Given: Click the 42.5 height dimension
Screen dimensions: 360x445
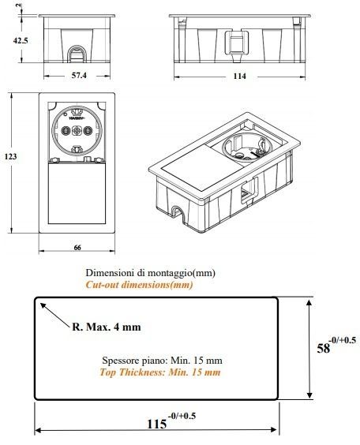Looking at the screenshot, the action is pos(21,40).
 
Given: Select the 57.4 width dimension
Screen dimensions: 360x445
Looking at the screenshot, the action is pos(79,75).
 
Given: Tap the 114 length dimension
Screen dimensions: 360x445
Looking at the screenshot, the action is pos(240,76).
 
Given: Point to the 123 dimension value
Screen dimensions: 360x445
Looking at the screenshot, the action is pos(10,156).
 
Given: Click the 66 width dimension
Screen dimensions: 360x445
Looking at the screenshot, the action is pos(77,248).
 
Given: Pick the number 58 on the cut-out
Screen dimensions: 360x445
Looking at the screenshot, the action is pos(324,348).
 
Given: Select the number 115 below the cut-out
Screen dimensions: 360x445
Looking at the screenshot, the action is pos(157,424).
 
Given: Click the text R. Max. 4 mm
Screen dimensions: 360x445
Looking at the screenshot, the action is pos(107,327).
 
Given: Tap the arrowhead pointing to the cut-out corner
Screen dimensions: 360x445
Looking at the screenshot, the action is pos(43,305).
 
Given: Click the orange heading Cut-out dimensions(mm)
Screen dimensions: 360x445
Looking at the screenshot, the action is pos(139,285).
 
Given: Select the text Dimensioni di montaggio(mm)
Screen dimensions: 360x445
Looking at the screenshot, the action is pos(151,273).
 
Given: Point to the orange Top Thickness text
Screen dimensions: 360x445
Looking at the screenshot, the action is pos(159,372).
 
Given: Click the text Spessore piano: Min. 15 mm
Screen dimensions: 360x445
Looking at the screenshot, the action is pos(162,361).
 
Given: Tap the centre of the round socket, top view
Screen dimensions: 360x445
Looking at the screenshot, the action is pos(77,130).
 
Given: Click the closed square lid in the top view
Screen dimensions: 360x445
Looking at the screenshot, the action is pos(77,193).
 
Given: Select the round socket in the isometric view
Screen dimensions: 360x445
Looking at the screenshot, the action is pos(247,148).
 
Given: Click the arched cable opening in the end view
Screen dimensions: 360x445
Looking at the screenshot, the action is pos(76,53).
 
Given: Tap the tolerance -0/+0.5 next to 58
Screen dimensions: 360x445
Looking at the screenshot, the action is pos(342,339).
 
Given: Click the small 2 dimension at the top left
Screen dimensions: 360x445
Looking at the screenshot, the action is pos(18,5).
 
